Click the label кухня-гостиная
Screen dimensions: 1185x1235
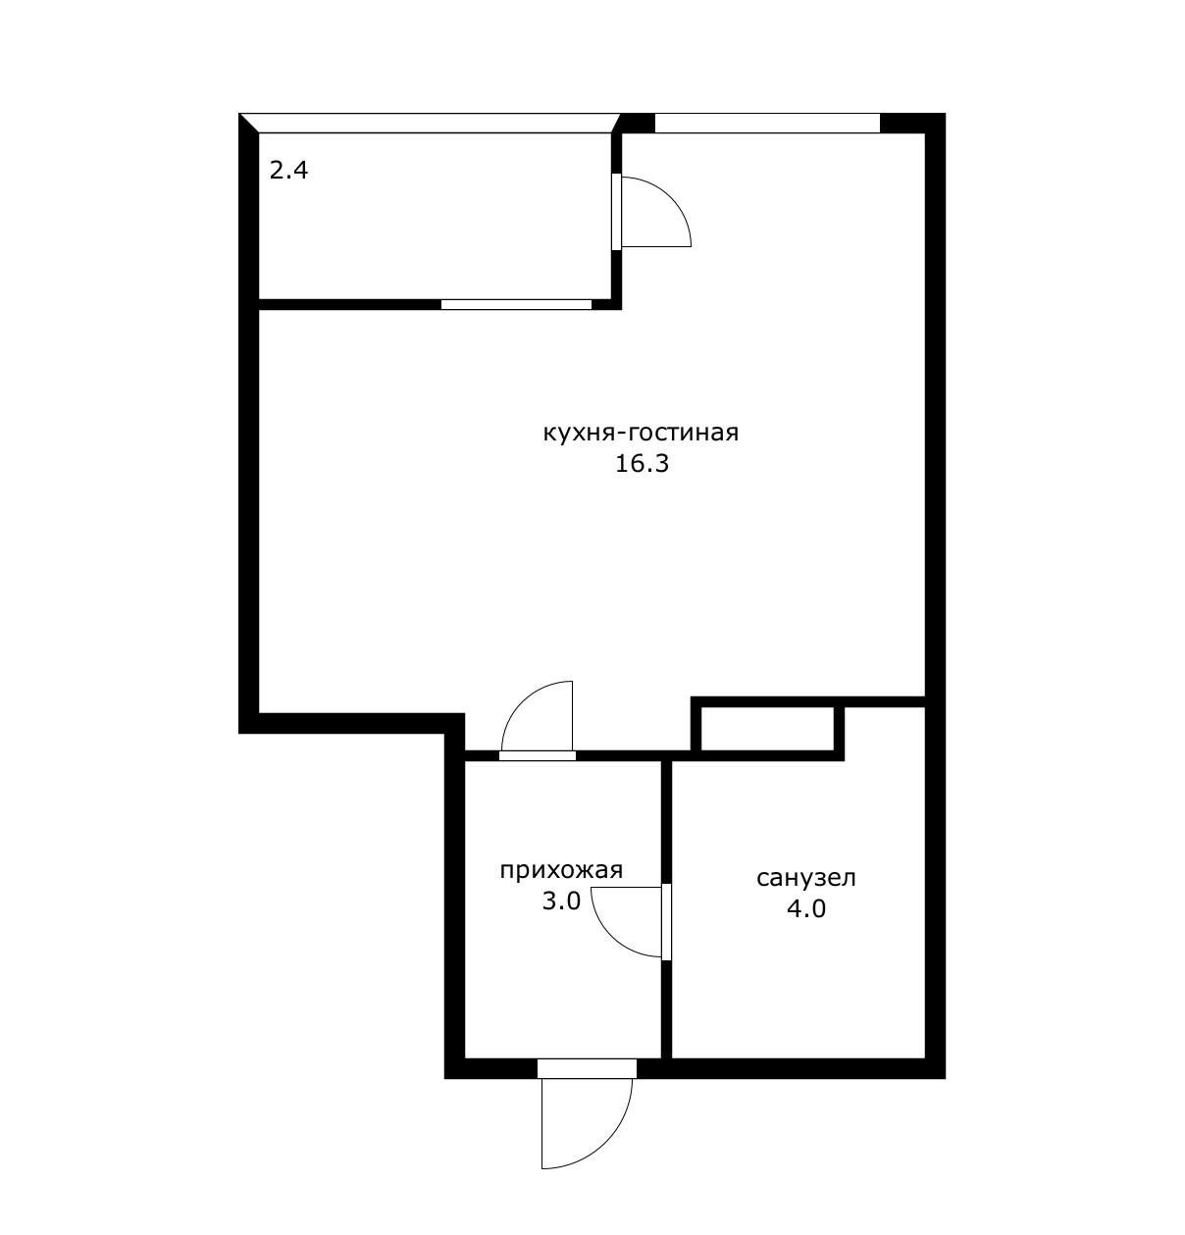point(641,435)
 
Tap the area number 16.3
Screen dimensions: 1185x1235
point(642,465)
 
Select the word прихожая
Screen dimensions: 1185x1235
point(561,871)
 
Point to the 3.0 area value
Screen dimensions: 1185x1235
point(561,901)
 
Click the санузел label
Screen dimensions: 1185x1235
point(806,878)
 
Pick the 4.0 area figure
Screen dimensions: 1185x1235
point(806,909)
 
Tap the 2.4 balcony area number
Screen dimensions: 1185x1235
point(288,171)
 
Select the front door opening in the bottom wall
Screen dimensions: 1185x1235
point(588,1068)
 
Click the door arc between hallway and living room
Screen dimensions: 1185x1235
point(524,701)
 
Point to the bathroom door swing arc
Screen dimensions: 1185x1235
point(610,938)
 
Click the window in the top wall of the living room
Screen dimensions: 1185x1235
point(767,124)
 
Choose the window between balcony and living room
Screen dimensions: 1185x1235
point(517,305)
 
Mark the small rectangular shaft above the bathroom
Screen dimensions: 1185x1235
point(767,729)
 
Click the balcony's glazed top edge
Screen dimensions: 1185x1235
point(430,124)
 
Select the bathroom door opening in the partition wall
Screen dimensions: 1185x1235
point(666,922)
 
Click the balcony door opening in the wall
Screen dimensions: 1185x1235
point(616,211)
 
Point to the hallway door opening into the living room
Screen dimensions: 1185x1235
point(538,755)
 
